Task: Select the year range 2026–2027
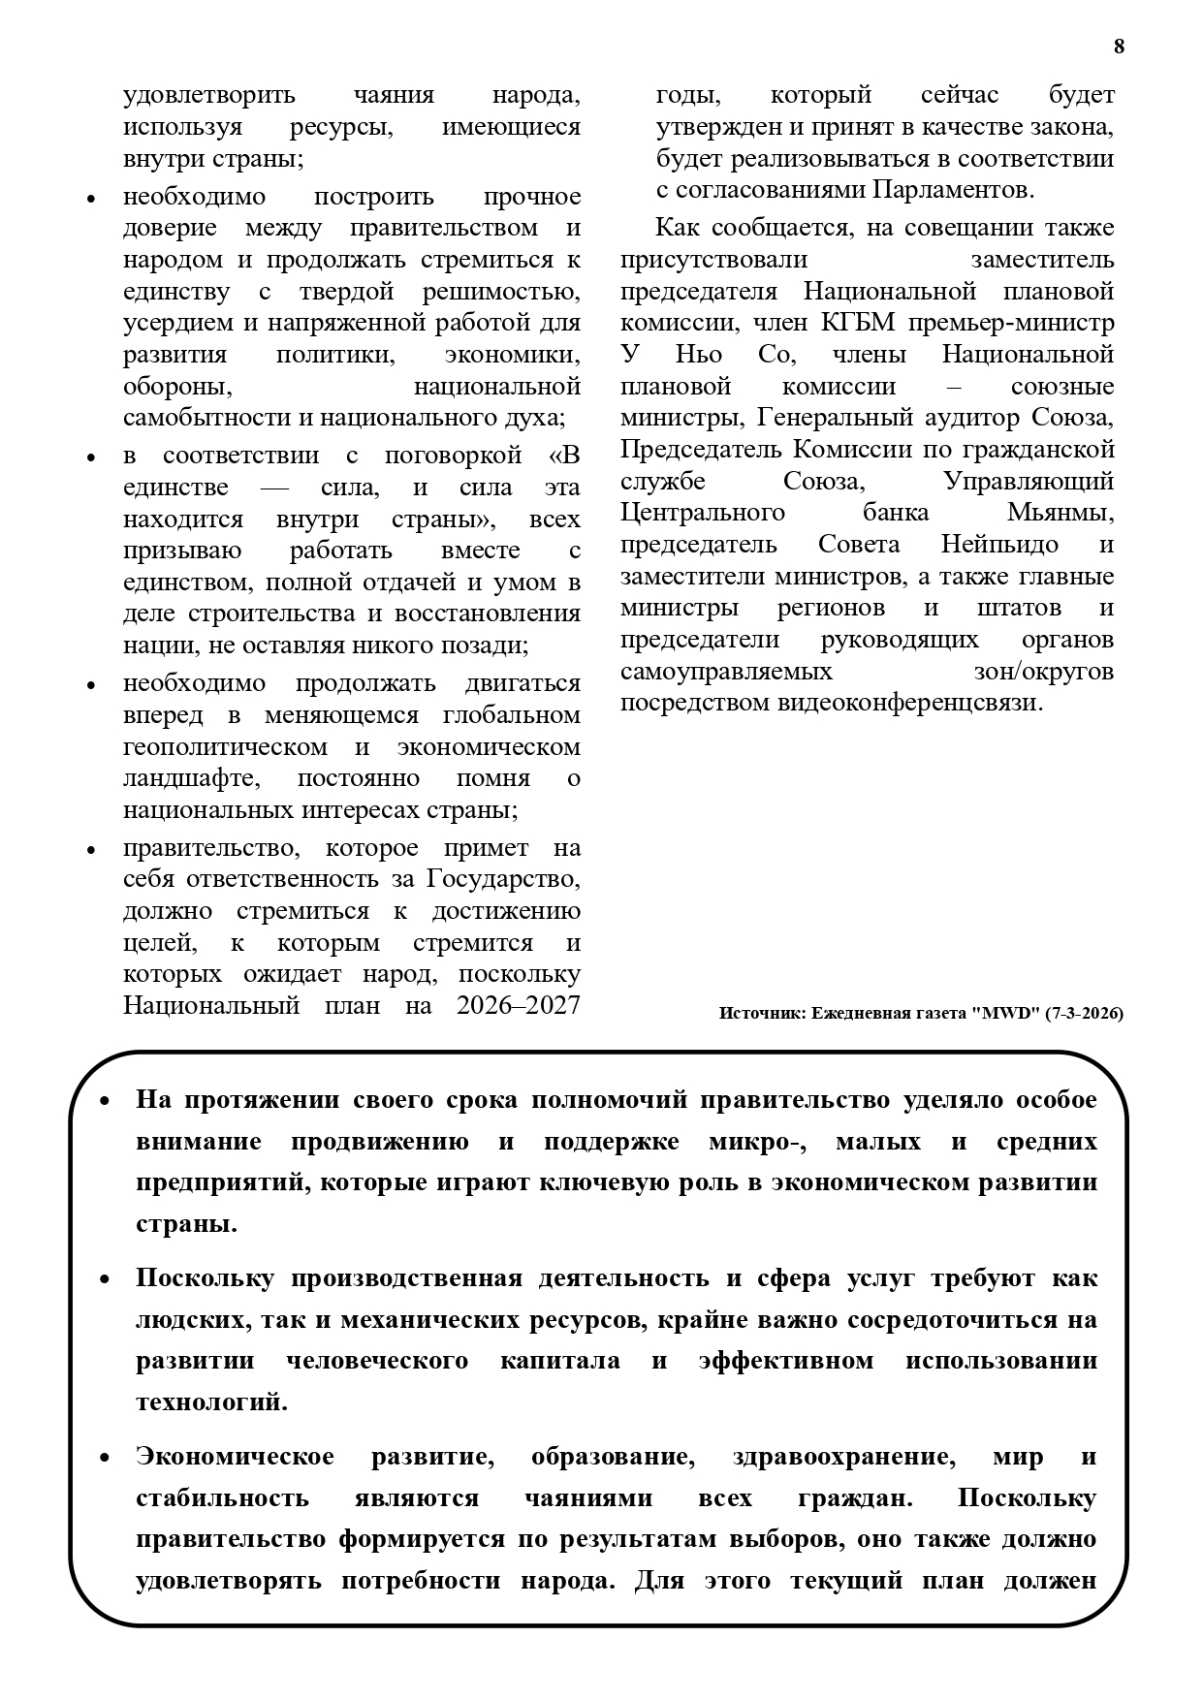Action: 518,1005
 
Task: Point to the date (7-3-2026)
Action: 1084,1014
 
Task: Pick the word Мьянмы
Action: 1060,513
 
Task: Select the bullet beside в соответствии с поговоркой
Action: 91,457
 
